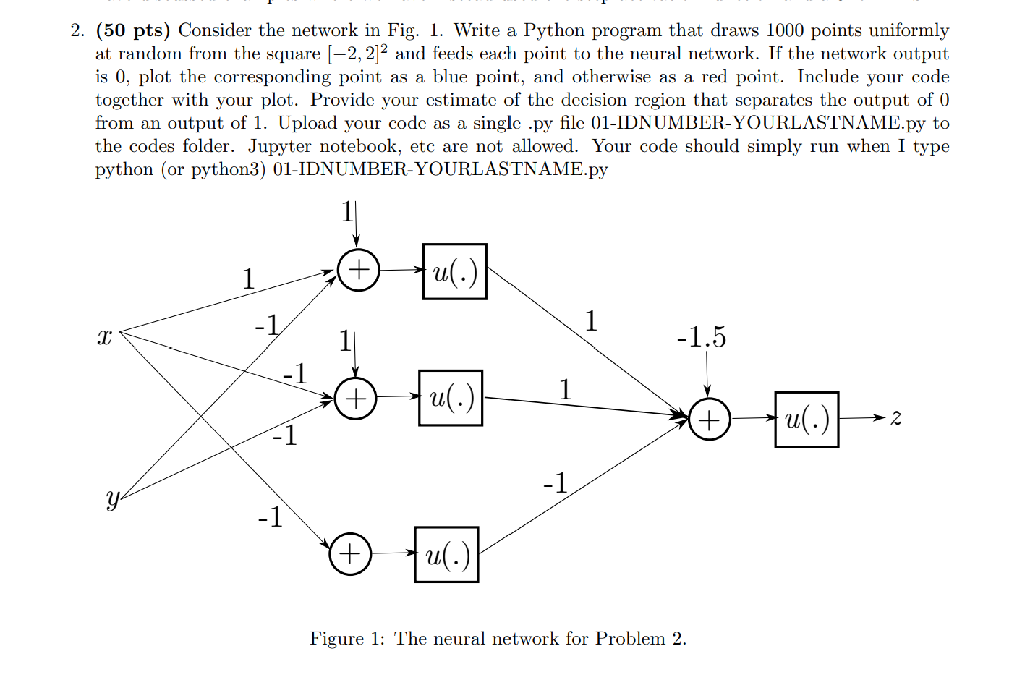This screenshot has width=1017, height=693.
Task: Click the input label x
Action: click(x=105, y=337)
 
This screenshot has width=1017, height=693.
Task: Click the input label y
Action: click(x=112, y=499)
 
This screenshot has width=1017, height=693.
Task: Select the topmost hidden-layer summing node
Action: click(x=358, y=271)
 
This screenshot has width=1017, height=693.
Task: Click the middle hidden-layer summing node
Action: click(x=355, y=399)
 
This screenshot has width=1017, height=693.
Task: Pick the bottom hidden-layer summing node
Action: click(x=350, y=554)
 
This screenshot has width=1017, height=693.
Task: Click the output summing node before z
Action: click(x=709, y=419)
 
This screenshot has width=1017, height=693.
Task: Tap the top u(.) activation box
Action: click(x=454, y=271)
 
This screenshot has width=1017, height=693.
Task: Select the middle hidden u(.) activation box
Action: click(x=450, y=398)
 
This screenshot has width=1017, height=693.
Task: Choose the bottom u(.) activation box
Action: click(x=446, y=554)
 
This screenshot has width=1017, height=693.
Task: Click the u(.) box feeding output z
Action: click(x=806, y=419)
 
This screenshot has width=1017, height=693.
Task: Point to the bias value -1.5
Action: click(x=701, y=337)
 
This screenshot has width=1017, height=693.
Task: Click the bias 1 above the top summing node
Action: click(x=347, y=212)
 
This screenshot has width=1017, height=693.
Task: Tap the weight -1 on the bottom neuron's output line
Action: click(x=556, y=482)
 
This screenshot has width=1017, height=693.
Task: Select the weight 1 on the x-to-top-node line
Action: click(x=248, y=279)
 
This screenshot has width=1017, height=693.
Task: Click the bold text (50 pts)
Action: click(x=133, y=30)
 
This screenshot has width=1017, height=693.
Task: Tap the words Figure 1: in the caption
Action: click(x=347, y=638)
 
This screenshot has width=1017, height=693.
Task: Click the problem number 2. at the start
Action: click(x=77, y=30)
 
